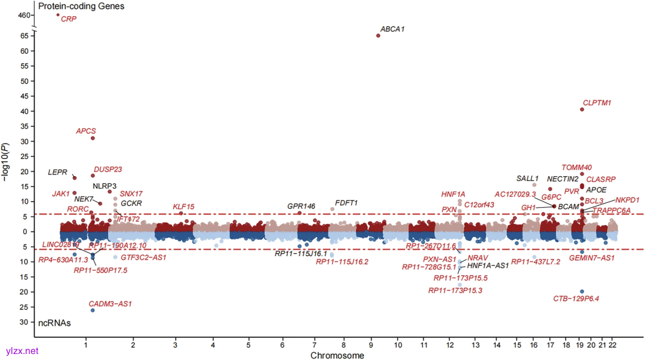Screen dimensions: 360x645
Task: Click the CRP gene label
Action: pos(69,20)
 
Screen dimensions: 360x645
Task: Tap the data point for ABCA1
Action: pos(378,36)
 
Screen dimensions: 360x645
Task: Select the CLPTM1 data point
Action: pos(582,109)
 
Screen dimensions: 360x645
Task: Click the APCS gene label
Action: pos(86,131)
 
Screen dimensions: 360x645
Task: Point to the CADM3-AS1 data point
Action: pos(93,310)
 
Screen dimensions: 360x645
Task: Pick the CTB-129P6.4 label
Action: pos(576,299)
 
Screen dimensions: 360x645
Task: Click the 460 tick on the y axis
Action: pos(23,14)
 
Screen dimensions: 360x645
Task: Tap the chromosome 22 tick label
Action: pos(612,345)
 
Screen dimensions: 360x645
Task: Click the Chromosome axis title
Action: pos(337,355)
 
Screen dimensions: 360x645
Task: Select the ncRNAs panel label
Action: pos(54,323)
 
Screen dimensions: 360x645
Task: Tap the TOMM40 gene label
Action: pos(577,167)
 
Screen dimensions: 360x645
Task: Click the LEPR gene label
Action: pos(58,173)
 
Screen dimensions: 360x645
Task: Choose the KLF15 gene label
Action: pos(183,207)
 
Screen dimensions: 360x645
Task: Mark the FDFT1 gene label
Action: pos(346,203)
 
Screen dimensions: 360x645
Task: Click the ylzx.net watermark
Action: pos(21,351)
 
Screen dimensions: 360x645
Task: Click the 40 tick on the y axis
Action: pos(26,111)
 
